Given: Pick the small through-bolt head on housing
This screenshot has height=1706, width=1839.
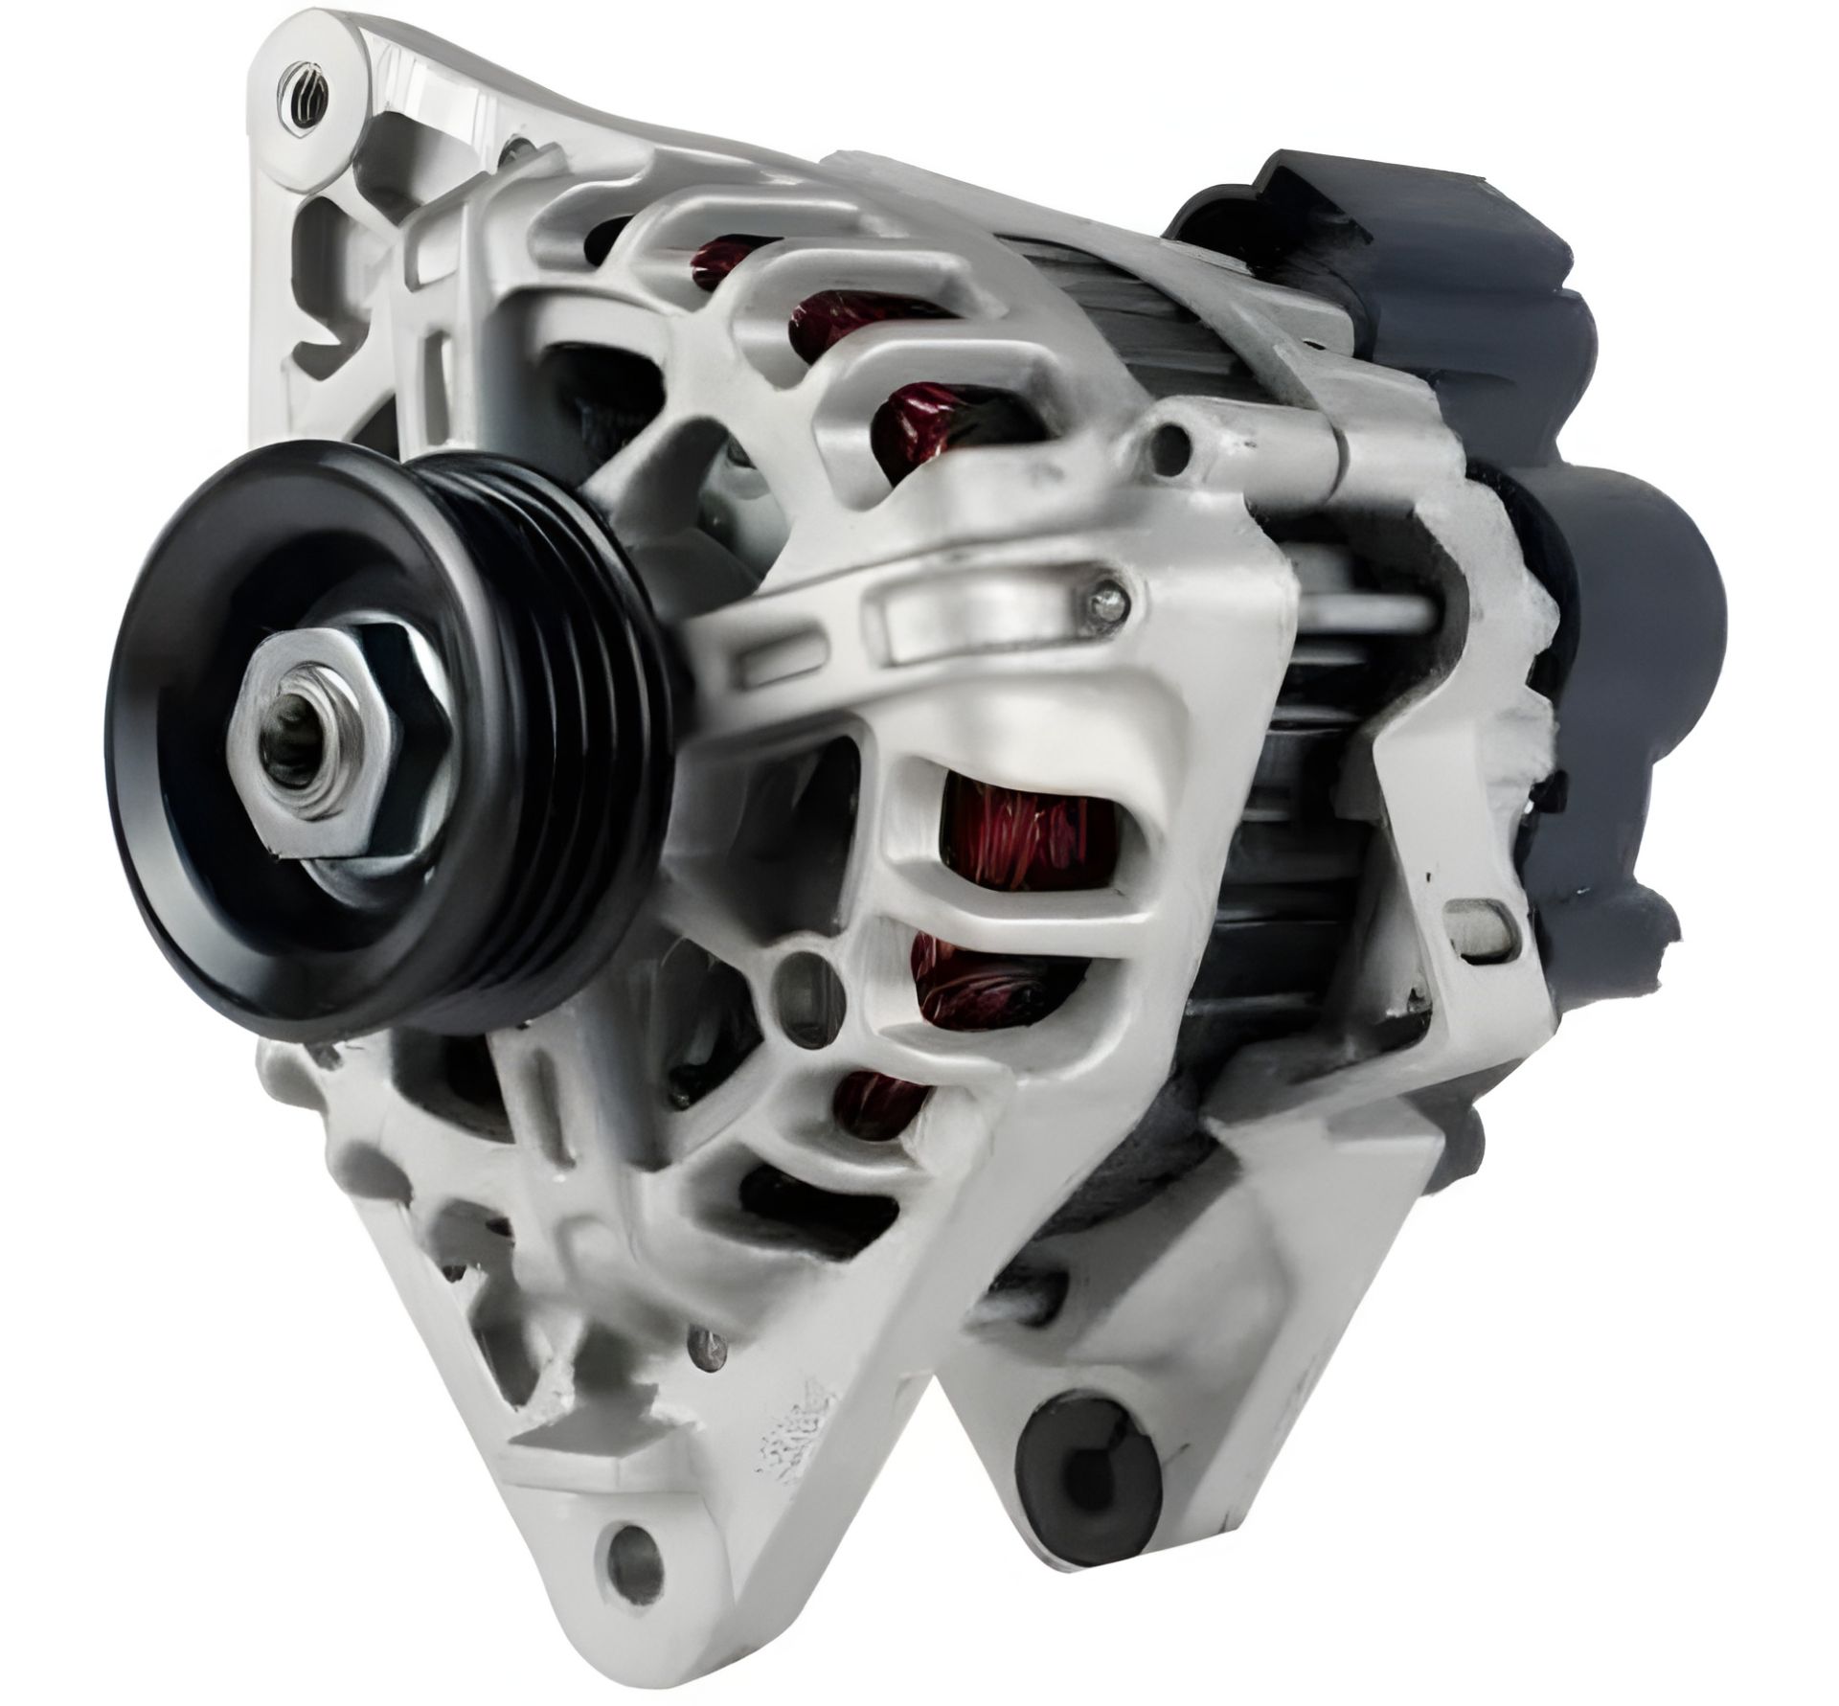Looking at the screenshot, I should tap(1107, 598).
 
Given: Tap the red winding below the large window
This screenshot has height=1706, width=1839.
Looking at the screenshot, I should tap(987, 987).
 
